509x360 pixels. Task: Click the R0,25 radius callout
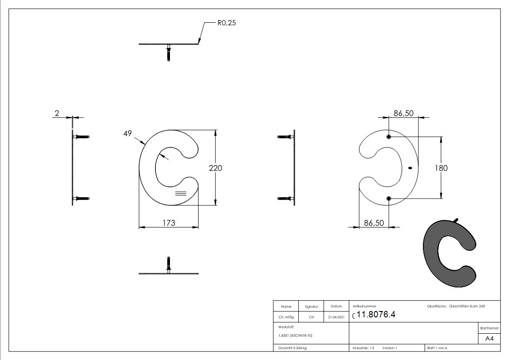(x=226, y=23)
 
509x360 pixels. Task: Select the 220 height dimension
(x=215, y=168)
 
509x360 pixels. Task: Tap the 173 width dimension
(x=168, y=223)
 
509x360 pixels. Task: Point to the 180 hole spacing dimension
(x=441, y=168)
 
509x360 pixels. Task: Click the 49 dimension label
(x=127, y=133)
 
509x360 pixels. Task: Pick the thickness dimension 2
(x=57, y=113)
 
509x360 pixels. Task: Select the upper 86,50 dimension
(x=403, y=113)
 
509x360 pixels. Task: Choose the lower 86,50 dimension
(x=374, y=223)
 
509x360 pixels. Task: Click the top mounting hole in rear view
(x=389, y=137)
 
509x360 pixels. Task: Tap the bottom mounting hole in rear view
(x=389, y=198)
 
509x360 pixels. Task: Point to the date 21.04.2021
(x=336, y=317)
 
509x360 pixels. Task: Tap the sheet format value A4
(x=490, y=339)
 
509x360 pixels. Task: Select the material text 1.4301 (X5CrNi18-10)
(x=296, y=336)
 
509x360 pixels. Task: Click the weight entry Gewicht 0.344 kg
(x=292, y=348)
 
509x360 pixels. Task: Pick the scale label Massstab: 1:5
(x=364, y=348)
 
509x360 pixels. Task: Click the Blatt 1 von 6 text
(x=437, y=348)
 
